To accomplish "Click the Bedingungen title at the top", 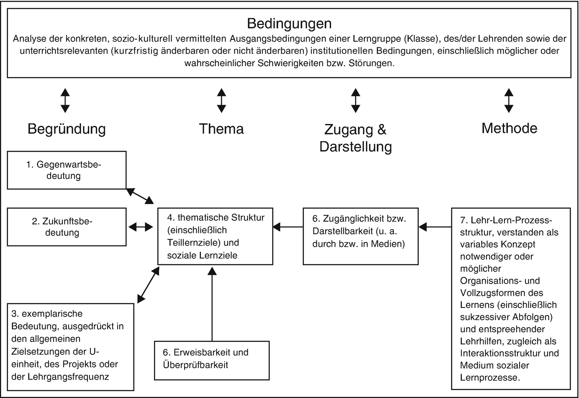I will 289,23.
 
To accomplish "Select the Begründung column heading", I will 67,129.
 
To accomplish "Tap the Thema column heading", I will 221,129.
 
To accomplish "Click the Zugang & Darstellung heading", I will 356,138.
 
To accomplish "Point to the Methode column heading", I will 509,128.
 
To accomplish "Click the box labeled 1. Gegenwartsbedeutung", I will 67,170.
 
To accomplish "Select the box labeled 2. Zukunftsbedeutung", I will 67,227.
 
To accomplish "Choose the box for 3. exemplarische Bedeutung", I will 71,347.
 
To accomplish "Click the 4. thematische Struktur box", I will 215,236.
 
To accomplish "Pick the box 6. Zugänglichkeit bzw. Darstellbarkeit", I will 360,236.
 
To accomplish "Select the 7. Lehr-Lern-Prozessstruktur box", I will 511,298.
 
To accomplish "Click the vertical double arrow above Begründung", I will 65,101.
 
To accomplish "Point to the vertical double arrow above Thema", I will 221,101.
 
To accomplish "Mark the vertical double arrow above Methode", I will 509,101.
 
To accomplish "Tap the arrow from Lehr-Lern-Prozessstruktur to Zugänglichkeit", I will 435,227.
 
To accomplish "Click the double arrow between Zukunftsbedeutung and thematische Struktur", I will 141,227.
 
